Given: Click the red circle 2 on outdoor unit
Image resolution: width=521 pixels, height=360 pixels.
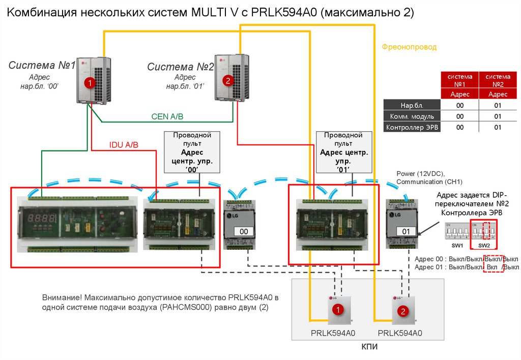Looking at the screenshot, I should click(227, 80).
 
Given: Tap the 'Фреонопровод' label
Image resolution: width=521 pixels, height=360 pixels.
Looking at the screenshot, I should click(409, 47).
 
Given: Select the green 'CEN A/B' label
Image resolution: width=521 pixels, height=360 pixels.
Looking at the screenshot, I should click(167, 116).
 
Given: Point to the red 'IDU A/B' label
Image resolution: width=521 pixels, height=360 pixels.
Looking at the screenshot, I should click(124, 145).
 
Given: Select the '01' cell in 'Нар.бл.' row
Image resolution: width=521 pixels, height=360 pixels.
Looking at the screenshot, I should click(498, 105).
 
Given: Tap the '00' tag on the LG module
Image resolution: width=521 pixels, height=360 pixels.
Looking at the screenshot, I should click(243, 231).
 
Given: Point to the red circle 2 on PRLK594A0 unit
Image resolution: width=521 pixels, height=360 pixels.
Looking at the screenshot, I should click(402, 311).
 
